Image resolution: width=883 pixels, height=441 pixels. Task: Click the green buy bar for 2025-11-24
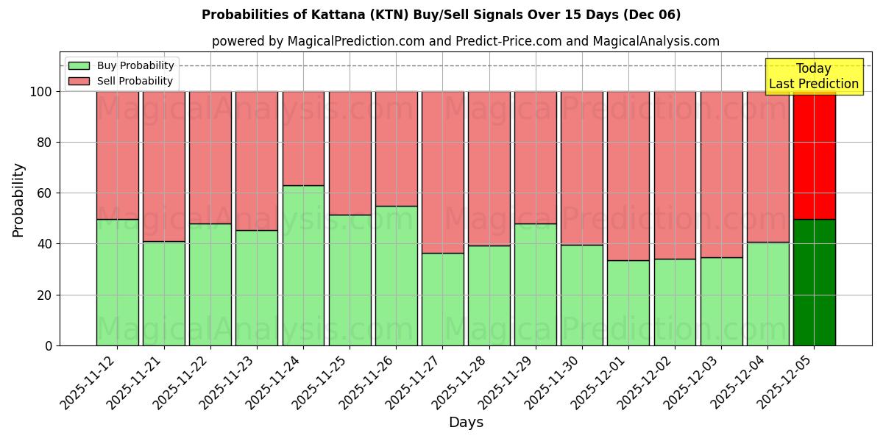[303, 265]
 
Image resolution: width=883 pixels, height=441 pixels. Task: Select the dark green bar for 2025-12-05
[815, 282]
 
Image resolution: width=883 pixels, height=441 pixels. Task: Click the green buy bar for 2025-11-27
[443, 299]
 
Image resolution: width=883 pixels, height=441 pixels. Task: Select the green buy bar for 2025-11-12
[117, 282]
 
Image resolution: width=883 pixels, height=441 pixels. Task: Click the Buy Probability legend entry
[135, 65]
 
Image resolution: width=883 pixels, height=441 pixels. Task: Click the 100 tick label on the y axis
[40, 92]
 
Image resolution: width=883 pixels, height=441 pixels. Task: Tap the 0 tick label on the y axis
[49, 345]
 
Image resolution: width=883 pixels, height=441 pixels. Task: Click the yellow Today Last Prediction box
[814, 76]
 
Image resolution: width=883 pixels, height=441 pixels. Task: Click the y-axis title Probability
[18, 200]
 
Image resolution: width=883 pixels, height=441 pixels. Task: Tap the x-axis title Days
[466, 423]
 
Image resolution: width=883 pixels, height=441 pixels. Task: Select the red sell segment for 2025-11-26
[397, 149]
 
